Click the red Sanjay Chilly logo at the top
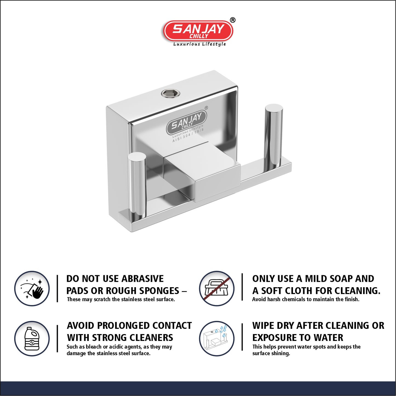198,31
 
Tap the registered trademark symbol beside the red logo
232,20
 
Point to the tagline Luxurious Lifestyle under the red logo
199,44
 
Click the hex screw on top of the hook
170,93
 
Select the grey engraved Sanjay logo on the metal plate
186,123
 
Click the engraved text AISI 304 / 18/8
188,136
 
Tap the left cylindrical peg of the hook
137,186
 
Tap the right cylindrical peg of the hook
274,135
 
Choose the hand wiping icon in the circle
32,289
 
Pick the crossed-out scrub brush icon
216,289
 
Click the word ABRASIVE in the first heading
139,279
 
